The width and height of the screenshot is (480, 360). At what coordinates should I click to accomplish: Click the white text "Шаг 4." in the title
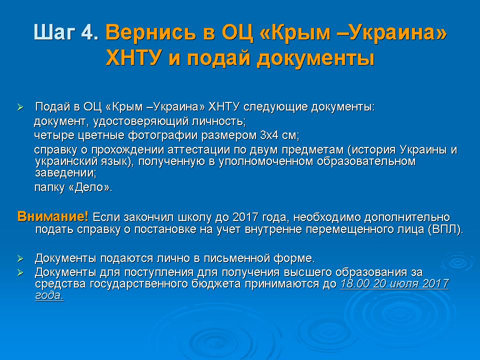(66, 32)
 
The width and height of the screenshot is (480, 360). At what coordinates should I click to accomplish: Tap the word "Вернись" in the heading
(150, 32)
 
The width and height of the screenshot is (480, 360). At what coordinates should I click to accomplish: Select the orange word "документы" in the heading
(315, 58)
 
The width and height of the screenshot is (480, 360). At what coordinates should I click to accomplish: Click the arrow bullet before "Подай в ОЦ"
(20, 107)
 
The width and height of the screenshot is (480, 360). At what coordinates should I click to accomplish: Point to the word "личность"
(218, 121)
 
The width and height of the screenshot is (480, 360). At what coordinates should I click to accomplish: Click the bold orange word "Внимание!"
(53, 216)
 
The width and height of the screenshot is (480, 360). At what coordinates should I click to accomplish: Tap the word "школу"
(194, 217)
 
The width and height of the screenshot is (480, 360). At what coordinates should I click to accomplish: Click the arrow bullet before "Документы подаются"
(20, 258)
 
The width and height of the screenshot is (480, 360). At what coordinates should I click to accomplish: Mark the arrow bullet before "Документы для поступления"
(20, 272)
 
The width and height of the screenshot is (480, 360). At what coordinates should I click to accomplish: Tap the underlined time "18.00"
(355, 283)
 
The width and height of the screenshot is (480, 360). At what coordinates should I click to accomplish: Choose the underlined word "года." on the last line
(49, 295)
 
